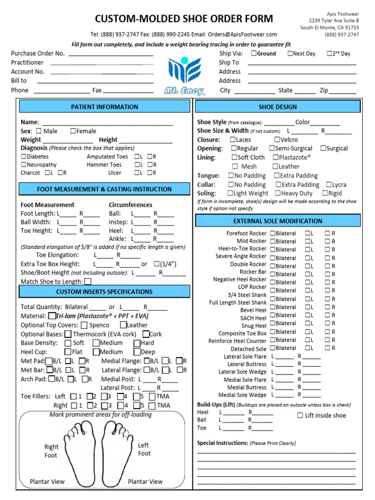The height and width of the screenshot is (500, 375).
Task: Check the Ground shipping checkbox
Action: point(253,54)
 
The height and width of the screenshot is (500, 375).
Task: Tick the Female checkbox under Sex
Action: point(73,131)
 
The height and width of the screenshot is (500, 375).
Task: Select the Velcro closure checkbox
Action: point(277,140)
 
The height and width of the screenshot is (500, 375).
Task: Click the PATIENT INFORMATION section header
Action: point(104,107)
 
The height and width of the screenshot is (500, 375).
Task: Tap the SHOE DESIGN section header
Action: point(277,107)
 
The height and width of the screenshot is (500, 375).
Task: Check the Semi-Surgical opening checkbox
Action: point(271,148)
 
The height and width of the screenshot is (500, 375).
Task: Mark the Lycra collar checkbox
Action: point(328,185)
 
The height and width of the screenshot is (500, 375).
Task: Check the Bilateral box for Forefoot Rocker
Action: point(272,233)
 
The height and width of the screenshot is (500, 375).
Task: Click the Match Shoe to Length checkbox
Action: point(88,282)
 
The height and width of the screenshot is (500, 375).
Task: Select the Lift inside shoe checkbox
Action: point(300,416)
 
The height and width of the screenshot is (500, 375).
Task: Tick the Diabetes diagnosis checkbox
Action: point(23,157)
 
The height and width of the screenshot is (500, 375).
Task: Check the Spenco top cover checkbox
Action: point(84,325)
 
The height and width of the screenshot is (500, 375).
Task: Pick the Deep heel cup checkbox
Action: point(137,352)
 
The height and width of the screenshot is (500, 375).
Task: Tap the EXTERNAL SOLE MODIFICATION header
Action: point(278,221)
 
